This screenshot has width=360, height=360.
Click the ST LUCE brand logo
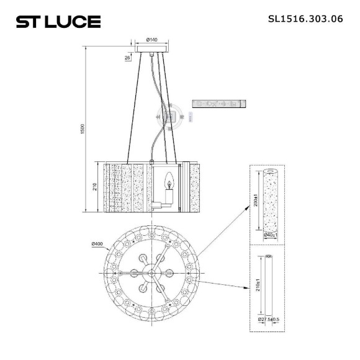(58, 22)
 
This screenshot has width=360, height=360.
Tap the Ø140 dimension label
(151, 40)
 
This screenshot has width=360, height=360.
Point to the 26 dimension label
(127, 57)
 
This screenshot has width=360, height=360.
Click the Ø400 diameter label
(96, 243)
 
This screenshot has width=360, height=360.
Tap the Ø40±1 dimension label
(269, 235)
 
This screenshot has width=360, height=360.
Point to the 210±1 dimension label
(257, 287)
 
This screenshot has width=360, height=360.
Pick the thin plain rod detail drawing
(269, 287)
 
